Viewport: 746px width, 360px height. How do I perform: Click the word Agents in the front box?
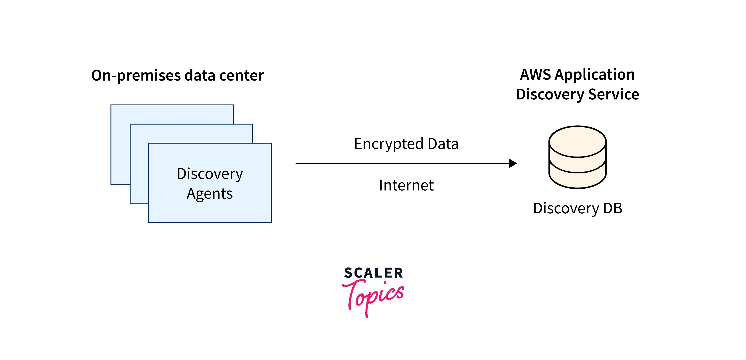pos(210,193)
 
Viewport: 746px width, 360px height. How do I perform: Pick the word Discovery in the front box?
pos(210,174)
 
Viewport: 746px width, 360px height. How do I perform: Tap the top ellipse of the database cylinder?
pos(577,142)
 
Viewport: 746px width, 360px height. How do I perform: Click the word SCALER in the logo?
pos(373,273)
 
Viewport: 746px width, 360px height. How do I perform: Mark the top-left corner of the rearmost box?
pos(111,105)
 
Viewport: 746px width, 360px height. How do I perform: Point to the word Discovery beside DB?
pos(566,209)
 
